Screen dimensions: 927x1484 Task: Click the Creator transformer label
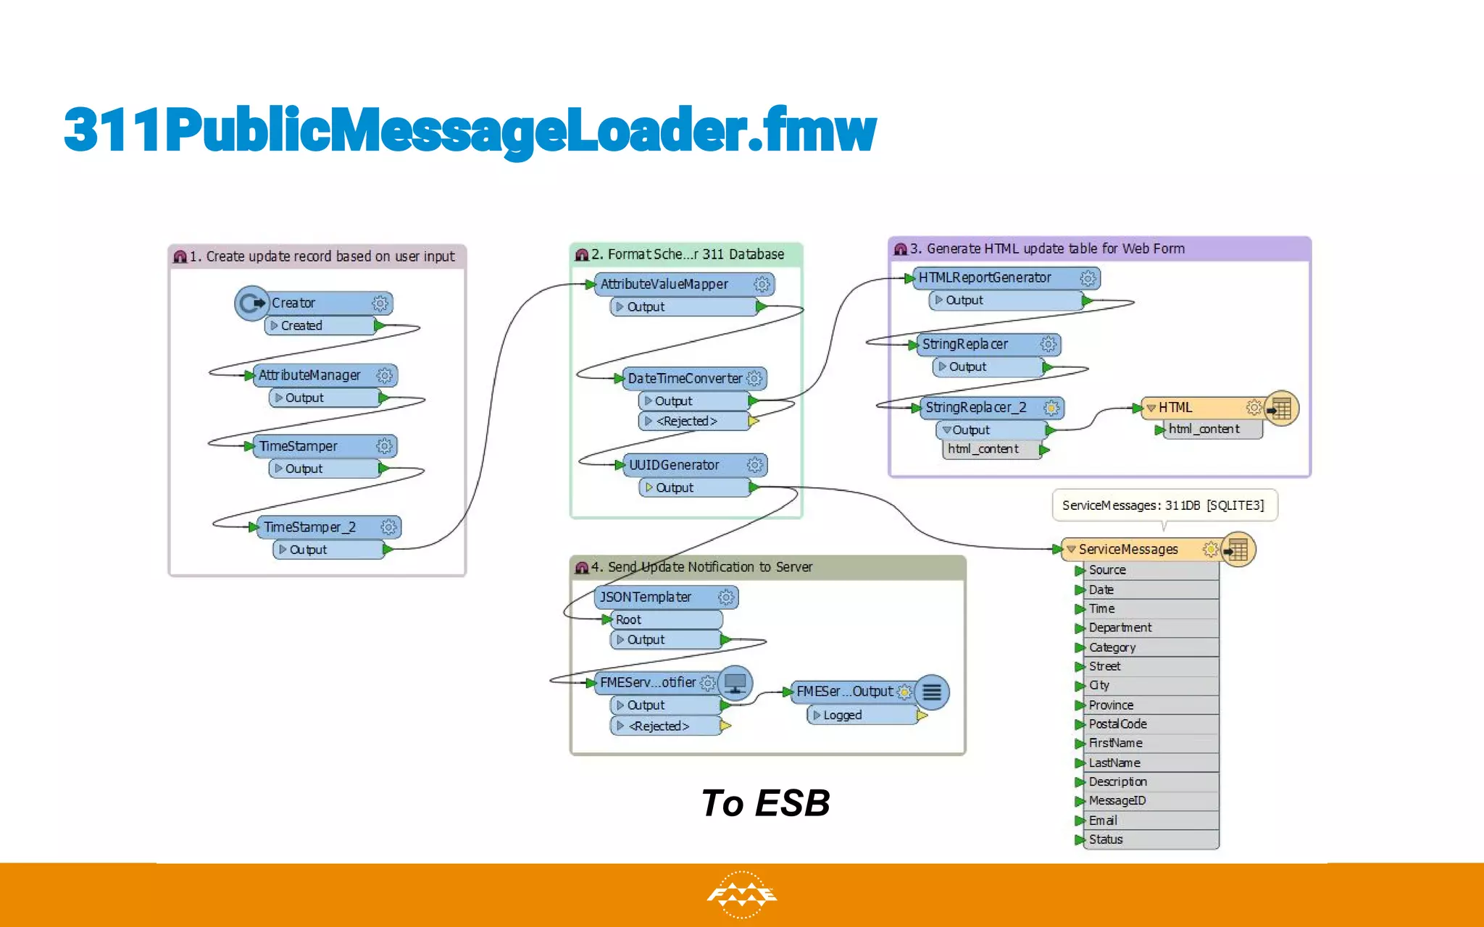(x=293, y=303)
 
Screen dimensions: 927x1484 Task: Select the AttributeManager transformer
(x=310, y=375)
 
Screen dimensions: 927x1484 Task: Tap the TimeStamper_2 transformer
(x=310, y=527)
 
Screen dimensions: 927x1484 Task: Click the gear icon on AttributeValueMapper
(x=762, y=284)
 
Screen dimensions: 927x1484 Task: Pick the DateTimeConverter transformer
(x=685, y=378)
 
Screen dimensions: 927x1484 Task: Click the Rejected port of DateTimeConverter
(x=686, y=421)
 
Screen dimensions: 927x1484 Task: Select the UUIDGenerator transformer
(x=674, y=465)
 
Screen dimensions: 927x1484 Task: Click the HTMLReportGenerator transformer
(x=985, y=277)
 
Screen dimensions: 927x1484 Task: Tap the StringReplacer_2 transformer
(x=976, y=407)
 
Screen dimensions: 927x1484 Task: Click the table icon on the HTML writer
(x=1282, y=408)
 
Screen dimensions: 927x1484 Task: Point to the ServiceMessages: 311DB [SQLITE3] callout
(x=1163, y=506)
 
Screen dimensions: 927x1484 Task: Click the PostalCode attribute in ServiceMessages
(x=1117, y=723)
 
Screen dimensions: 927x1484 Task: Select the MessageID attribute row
(x=1117, y=800)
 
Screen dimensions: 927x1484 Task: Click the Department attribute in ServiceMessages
(x=1120, y=627)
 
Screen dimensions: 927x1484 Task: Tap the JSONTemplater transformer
(x=646, y=597)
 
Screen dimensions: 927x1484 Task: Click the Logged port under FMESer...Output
(x=842, y=715)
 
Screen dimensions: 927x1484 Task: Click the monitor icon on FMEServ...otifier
(x=735, y=683)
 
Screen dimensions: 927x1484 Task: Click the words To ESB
(x=765, y=803)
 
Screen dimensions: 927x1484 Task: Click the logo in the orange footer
(x=741, y=895)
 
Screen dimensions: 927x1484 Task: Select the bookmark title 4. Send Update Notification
(x=702, y=567)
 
